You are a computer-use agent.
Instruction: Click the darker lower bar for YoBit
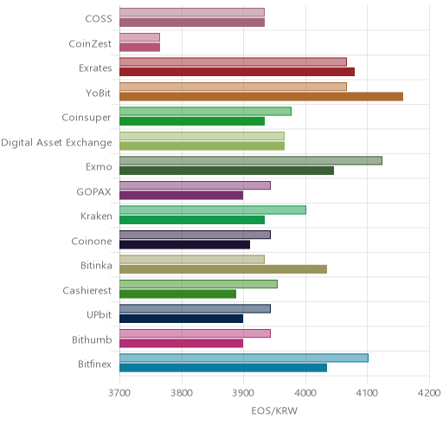click(x=261, y=97)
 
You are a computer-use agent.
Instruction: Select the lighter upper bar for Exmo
click(x=251, y=160)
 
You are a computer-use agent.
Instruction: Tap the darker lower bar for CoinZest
click(x=140, y=48)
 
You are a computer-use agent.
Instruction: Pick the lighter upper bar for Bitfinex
click(x=244, y=358)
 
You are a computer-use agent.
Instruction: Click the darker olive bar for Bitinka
click(x=223, y=269)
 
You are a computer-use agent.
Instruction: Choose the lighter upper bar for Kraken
click(x=213, y=210)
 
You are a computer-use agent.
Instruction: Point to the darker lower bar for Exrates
click(x=237, y=72)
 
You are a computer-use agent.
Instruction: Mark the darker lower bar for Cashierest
click(x=178, y=294)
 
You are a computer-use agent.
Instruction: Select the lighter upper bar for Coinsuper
click(x=206, y=111)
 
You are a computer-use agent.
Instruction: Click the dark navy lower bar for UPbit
click(x=182, y=319)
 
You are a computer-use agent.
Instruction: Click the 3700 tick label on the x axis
click(x=119, y=393)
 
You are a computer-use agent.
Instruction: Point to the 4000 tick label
click(x=305, y=393)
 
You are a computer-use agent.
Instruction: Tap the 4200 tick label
click(x=429, y=393)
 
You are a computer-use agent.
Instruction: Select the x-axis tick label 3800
click(x=182, y=393)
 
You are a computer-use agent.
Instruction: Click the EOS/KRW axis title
click(x=274, y=410)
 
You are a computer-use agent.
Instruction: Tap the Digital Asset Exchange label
click(x=56, y=143)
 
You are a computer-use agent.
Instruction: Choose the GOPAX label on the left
click(x=94, y=192)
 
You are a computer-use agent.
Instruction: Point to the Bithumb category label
click(x=92, y=339)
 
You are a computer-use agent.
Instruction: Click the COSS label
click(x=99, y=19)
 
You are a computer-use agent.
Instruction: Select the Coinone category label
click(x=92, y=241)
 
